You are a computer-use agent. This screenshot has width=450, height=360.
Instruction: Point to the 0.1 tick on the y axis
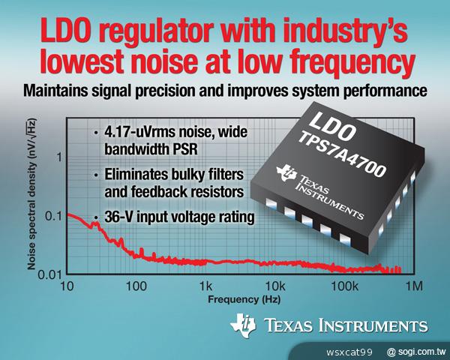(52, 216)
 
